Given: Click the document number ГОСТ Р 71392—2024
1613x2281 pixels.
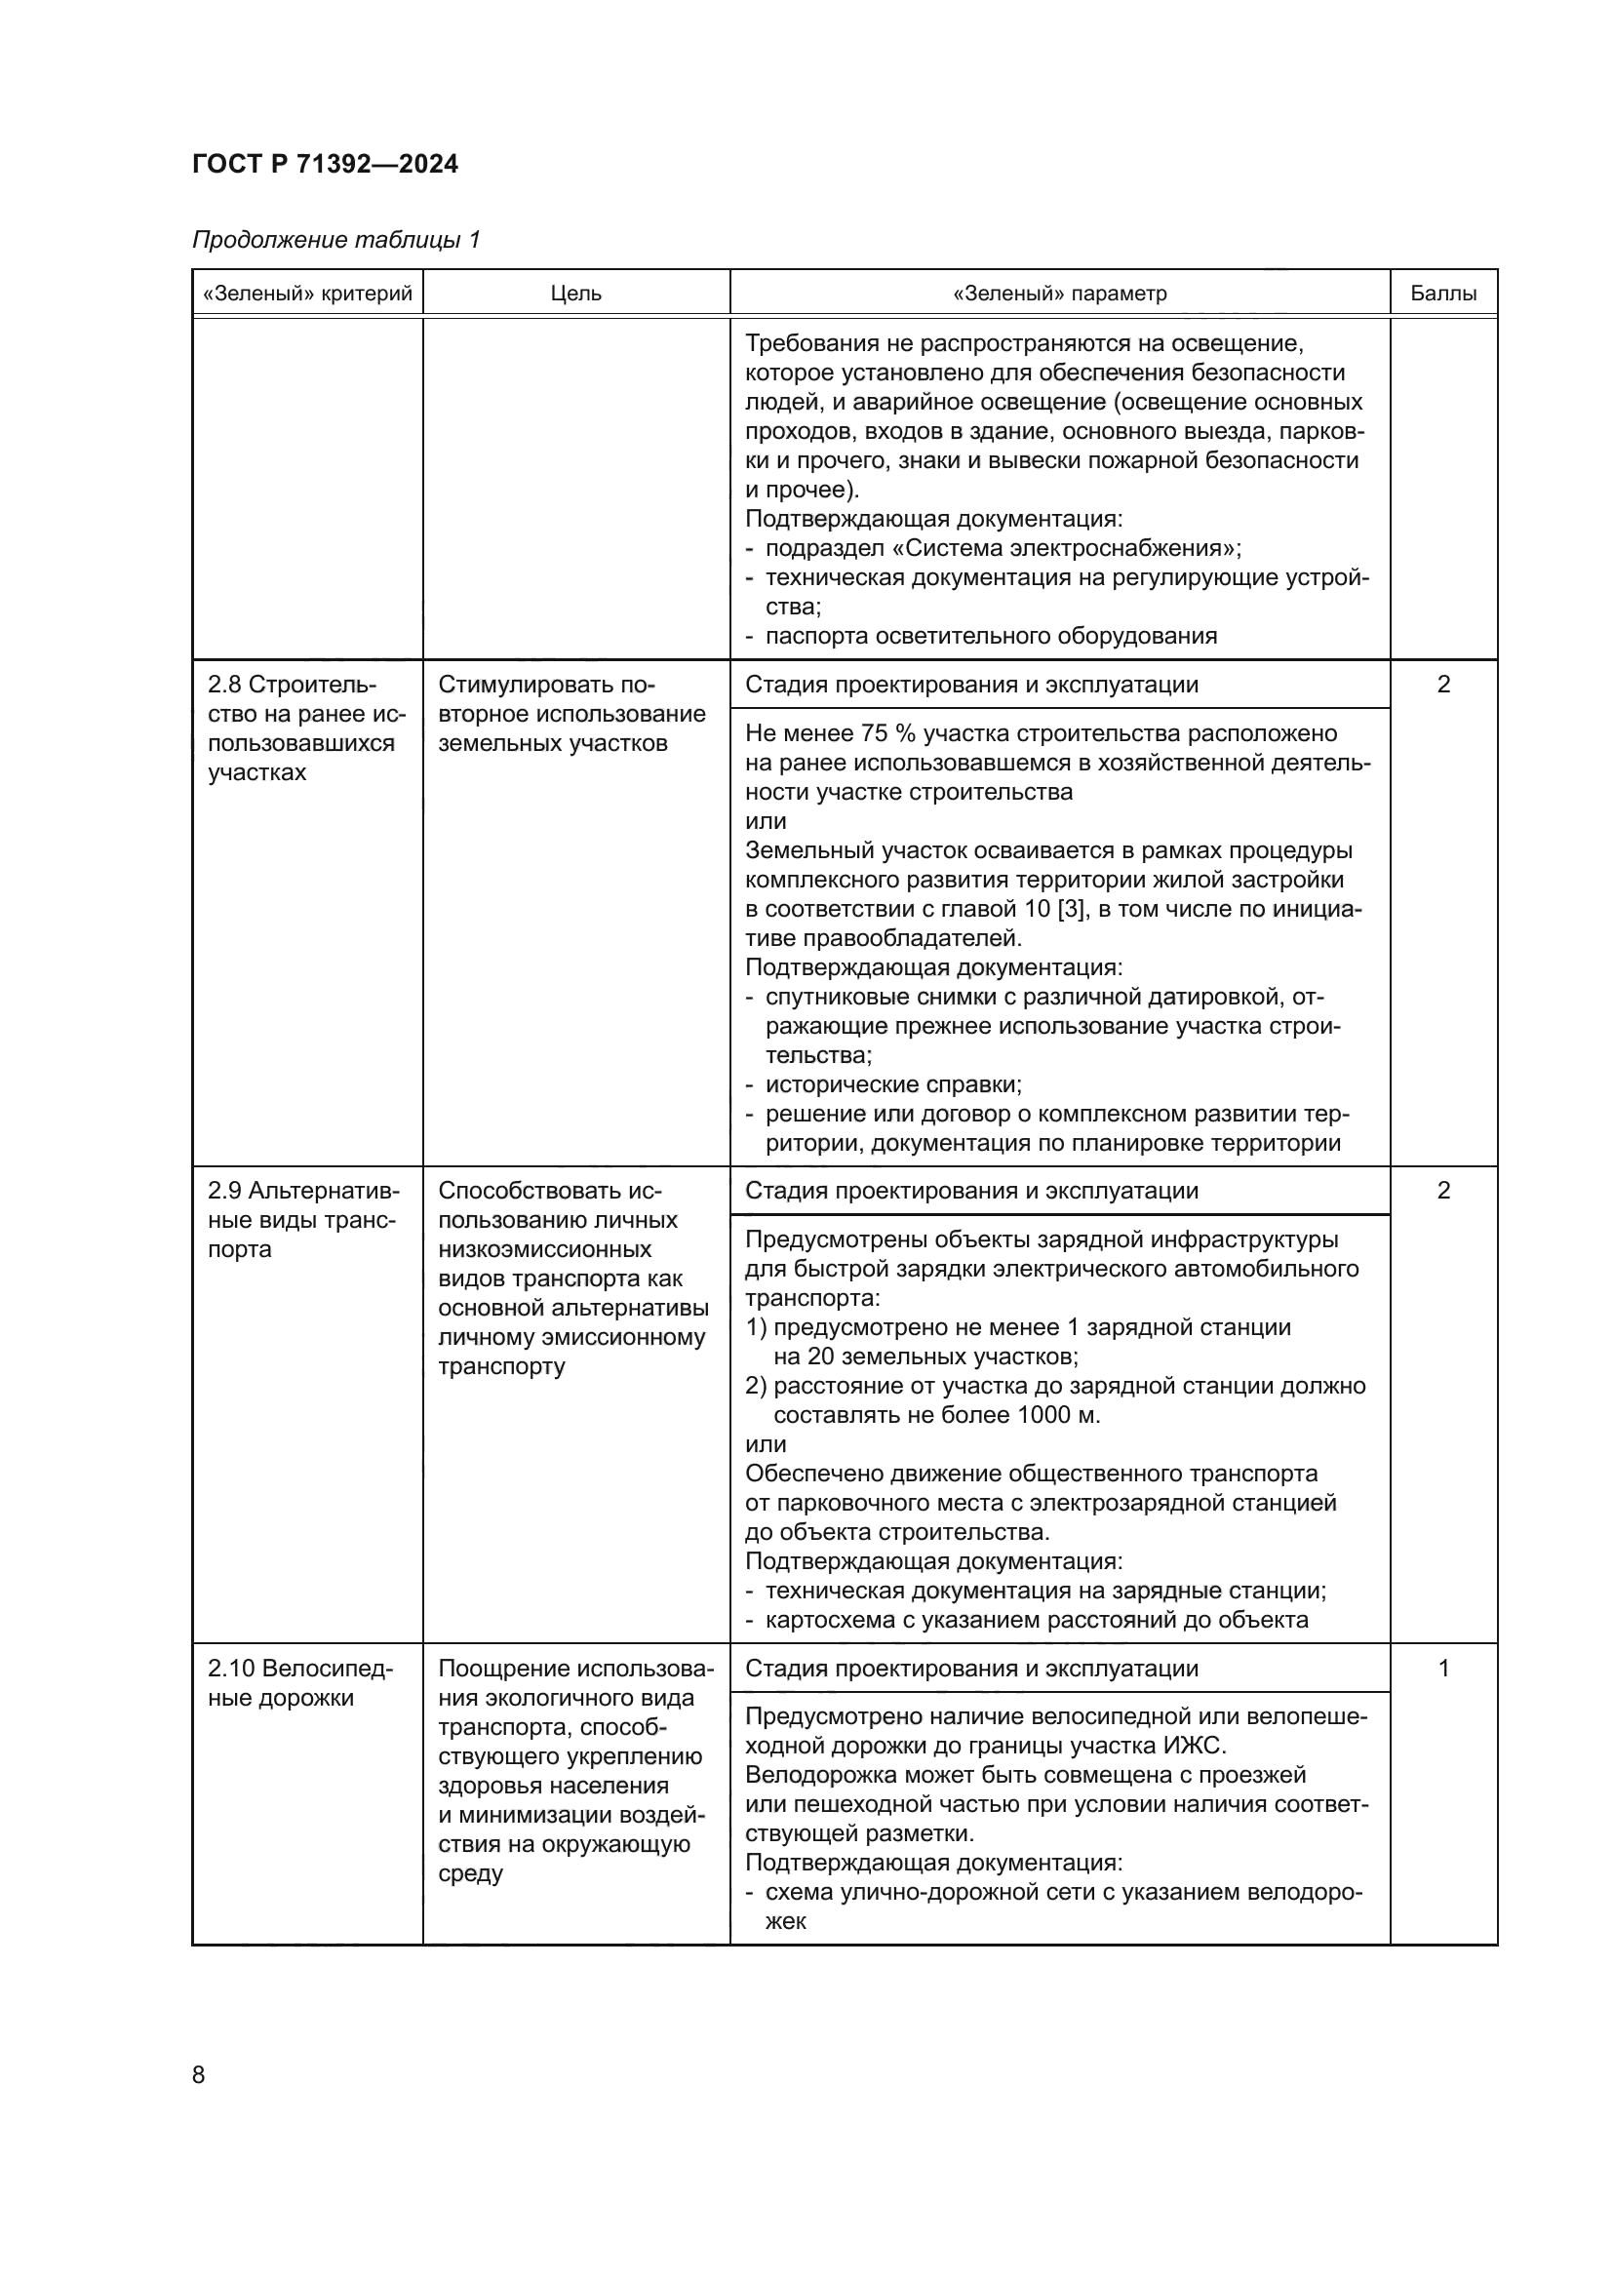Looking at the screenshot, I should click(325, 164).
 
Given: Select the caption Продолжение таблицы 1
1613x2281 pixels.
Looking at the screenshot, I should click(335, 241).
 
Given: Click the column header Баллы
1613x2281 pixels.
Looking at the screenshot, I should click(1443, 295).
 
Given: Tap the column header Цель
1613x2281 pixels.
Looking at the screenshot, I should click(576, 295).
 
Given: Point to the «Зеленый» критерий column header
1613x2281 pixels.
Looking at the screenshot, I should click(307, 295).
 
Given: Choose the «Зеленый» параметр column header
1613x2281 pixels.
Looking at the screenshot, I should click(1060, 295).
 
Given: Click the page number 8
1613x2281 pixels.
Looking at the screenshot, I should click(199, 2074).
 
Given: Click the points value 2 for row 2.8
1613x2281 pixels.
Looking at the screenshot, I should click(1444, 685).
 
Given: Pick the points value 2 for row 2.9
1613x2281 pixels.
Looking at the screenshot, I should click(1444, 1191).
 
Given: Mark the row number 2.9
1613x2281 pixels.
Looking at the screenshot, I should click(224, 1191).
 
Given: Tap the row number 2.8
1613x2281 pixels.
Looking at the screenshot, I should click(224, 685).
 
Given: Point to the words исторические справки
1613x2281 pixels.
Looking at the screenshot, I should click(893, 1084).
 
